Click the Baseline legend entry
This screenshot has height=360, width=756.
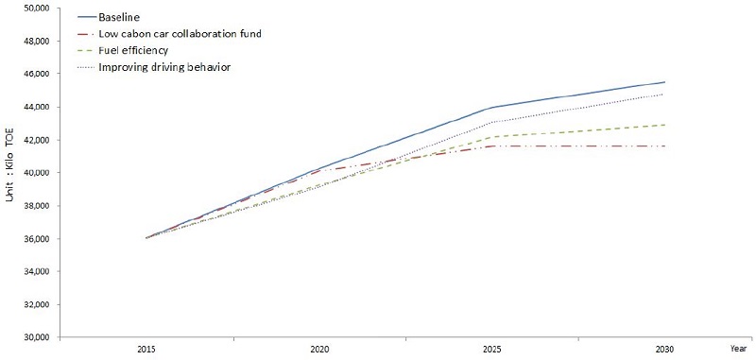[x=119, y=17]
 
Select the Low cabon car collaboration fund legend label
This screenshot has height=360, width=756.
[x=180, y=34]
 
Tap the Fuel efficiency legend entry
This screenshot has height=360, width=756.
[x=132, y=50]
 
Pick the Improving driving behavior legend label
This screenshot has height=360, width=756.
[x=164, y=67]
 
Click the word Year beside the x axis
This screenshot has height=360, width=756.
[x=738, y=348]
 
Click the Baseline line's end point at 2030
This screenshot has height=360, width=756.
[x=665, y=82]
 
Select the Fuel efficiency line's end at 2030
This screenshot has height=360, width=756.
[x=665, y=125]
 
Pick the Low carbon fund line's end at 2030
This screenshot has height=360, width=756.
[x=665, y=146]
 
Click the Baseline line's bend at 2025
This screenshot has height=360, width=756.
[x=492, y=107]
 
